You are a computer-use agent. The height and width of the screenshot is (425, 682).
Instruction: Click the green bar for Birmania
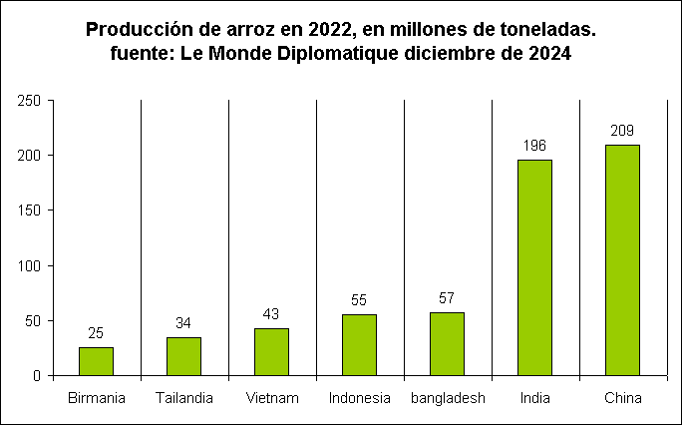96,361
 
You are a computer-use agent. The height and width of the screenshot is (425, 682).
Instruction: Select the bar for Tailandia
183,356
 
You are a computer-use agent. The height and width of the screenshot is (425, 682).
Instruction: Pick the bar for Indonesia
359,345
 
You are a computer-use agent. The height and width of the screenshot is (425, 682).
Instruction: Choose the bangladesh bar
447,344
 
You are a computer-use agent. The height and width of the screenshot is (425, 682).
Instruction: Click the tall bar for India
534,267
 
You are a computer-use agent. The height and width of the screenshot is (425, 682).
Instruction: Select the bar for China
622,260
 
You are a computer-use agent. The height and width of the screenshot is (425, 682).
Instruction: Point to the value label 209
622,131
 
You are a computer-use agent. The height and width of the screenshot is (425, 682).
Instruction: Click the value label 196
534,146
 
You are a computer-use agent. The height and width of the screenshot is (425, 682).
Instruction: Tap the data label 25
96,333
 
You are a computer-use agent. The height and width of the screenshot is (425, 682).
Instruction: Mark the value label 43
271,314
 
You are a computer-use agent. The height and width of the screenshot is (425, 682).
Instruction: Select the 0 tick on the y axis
35,376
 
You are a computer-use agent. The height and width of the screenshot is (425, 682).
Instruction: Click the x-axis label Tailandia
183,399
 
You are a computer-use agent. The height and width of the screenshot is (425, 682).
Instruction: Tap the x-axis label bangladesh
447,399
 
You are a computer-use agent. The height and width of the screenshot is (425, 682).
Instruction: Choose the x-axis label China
622,399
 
